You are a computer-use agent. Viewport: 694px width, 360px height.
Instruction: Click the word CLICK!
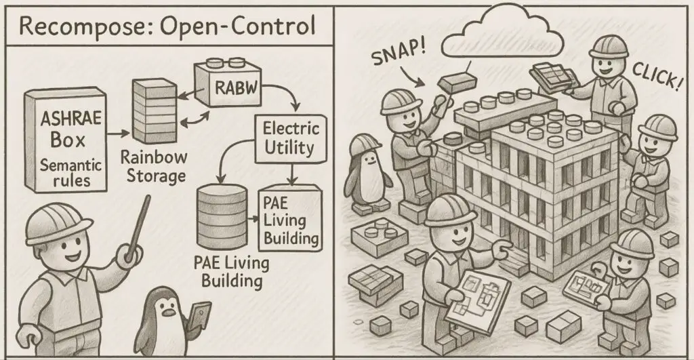pos(655,81)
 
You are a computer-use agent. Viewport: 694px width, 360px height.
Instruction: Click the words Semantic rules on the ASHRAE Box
pos(62,172)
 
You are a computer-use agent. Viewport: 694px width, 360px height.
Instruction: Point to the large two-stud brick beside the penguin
pos(379,235)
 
